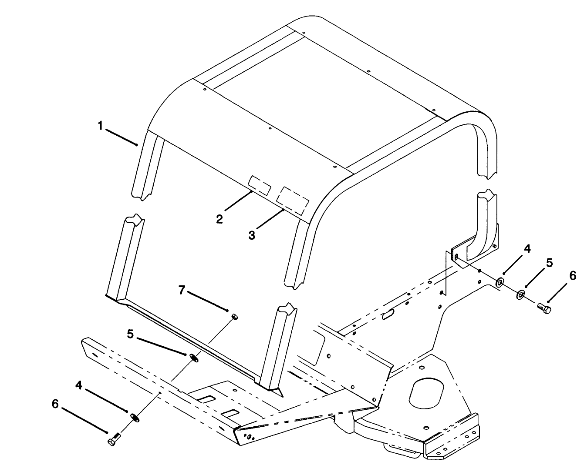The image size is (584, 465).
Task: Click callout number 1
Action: click(x=101, y=126)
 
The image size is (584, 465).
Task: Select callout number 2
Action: click(x=219, y=219)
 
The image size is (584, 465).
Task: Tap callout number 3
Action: click(x=252, y=235)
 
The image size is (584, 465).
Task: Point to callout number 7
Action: click(x=182, y=290)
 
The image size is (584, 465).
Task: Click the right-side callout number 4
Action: click(x=527, y=249)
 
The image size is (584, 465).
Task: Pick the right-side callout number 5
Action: click(x=549, y=263)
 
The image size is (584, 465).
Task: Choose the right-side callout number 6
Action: click(x=572, y=276)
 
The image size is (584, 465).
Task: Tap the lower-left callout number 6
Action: click(x=55, y=404)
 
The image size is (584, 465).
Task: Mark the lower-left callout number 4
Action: click(x=79, y=385)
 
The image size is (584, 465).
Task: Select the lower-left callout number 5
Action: click(x=131, y=335)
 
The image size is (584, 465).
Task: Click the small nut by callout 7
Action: click(x=235, y=317)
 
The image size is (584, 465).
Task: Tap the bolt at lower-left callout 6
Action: click(x=114, y=440)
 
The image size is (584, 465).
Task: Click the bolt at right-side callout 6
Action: click(x=544, y=308)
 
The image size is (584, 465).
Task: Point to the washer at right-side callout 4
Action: click(x=500, y=282)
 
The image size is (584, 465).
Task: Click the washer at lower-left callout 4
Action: click(x=135, y=418)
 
